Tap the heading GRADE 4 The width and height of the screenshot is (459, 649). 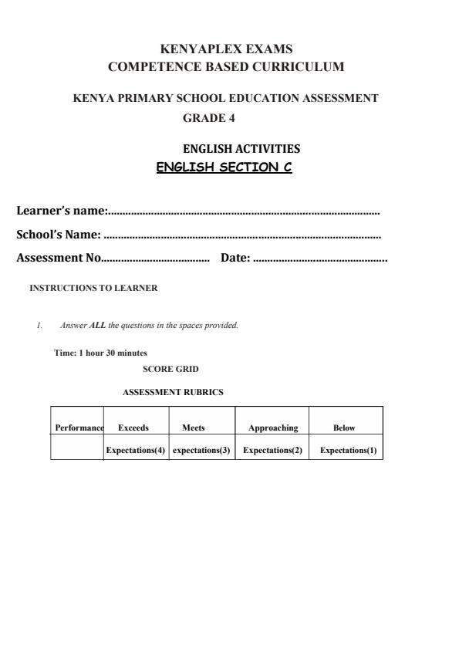tap(209, 118)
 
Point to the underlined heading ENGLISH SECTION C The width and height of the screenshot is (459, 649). tap(224, 167)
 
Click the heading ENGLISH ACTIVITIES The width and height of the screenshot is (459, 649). tap(241, 149)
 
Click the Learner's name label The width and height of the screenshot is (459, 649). tap(62, 211)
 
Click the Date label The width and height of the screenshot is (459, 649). tap(235, 259)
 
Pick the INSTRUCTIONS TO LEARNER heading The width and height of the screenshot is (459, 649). tap(93, 288)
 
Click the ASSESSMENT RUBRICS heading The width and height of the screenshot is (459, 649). tap(173, 392)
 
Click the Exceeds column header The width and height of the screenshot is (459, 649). tap(133, 428)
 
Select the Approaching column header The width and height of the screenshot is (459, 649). tap(273, 428)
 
